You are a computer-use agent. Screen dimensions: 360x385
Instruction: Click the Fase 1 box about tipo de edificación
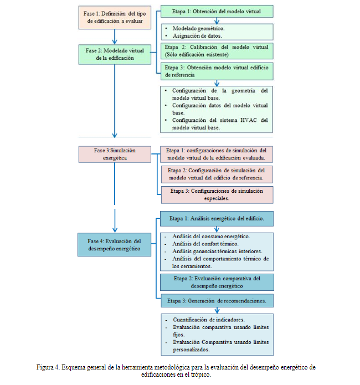115,17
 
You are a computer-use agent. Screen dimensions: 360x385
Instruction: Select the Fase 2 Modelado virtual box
115,54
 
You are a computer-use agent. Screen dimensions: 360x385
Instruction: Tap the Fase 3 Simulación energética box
115,154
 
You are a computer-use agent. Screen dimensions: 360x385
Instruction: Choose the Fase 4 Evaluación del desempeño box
115,244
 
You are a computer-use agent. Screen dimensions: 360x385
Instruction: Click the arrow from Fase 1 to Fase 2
115,37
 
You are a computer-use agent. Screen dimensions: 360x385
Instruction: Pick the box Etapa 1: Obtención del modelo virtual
217,12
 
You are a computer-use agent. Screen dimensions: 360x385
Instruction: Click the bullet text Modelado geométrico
198,28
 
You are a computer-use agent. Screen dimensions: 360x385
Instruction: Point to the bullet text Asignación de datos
197,36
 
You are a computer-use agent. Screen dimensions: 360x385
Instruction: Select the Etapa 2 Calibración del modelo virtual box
217,51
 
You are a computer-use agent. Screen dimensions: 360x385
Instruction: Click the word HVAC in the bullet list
249,120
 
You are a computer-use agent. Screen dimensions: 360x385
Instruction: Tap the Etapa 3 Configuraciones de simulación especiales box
217,195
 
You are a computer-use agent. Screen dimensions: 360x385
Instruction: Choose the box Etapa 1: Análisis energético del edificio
217,218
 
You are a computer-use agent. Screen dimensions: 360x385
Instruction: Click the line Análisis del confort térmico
205,244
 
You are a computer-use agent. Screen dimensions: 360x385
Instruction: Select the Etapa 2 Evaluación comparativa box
217,282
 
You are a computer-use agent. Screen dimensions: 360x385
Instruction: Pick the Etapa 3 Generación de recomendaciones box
217,301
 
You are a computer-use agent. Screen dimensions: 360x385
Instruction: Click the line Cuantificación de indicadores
209,320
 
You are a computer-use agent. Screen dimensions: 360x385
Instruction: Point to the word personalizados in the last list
191,350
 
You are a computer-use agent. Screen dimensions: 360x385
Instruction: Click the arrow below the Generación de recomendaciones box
217,310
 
